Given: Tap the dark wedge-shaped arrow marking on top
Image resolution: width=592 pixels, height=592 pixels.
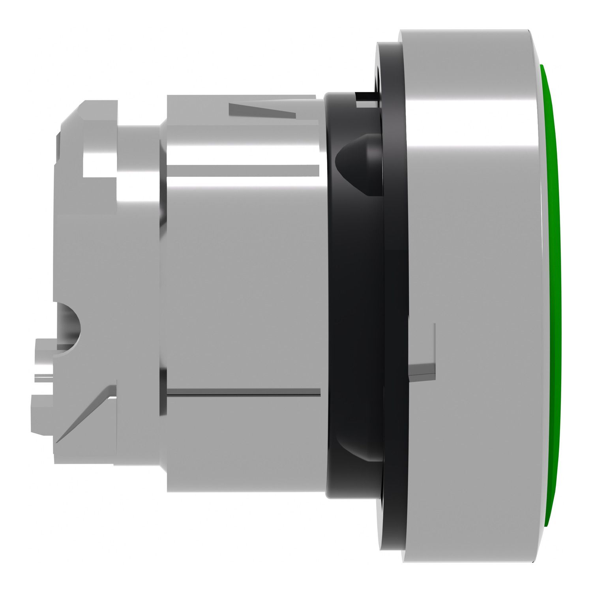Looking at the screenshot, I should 262,110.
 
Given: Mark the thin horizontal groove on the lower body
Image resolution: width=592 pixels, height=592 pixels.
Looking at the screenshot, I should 243,392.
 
